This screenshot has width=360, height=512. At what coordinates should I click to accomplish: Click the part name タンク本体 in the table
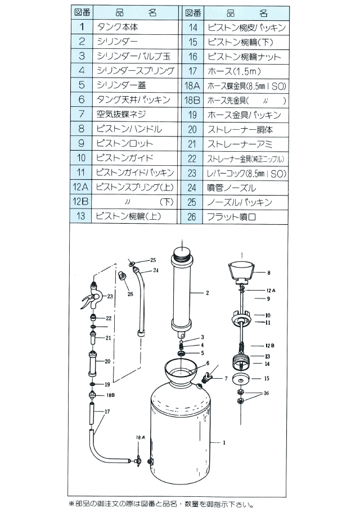click(x=118, y=27)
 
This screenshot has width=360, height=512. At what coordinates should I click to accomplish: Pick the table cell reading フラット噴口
click(x=232, y=216)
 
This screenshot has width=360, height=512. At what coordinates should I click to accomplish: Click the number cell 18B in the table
click(x=192, y=100)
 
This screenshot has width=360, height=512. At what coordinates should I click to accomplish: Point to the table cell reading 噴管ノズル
click(x=232, y=187)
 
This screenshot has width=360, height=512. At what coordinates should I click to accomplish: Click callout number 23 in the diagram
click(x=110, y=296)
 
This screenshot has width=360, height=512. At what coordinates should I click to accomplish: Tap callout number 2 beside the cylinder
click(x=207, y=293)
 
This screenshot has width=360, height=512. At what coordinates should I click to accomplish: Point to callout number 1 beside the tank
click(x=224, y=443)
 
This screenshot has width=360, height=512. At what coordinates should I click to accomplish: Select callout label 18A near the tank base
click(x=139, y=437)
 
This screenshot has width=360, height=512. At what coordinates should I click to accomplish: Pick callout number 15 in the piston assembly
click(x=266, y=379)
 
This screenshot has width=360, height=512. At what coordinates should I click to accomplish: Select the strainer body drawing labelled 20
click(x=92, y=364)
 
